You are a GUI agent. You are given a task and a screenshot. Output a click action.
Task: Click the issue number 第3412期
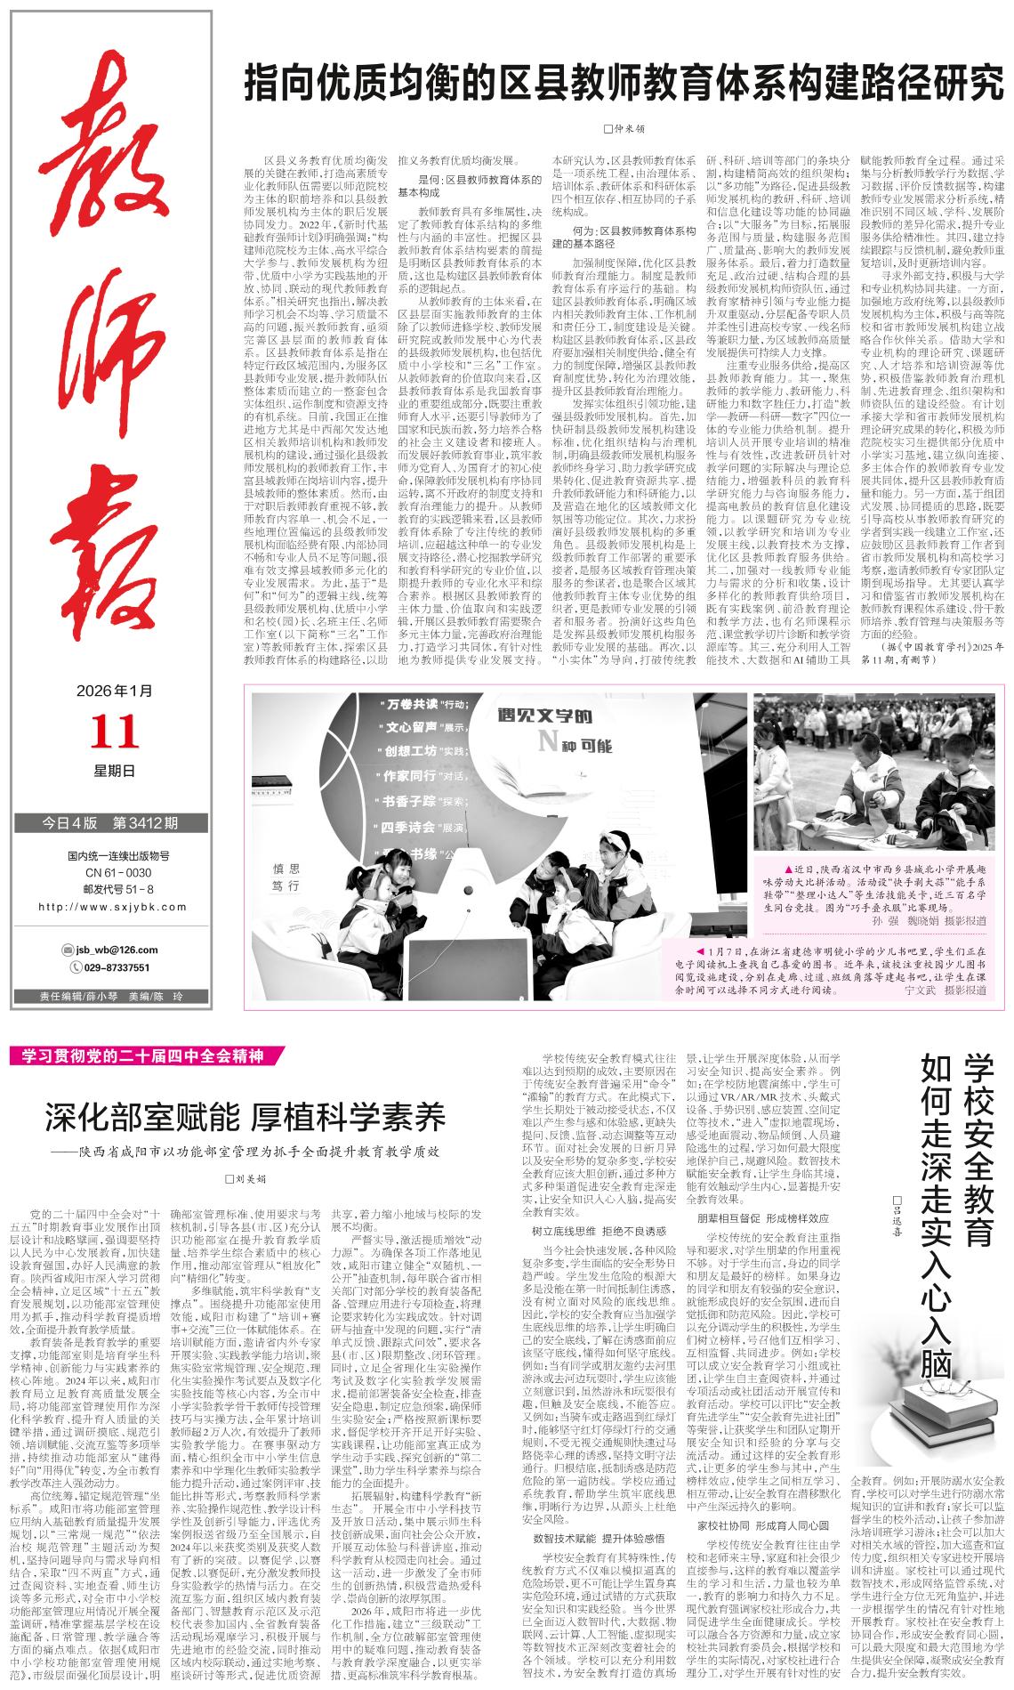click(145, 821)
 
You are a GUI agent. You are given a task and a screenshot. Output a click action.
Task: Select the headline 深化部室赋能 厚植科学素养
click(245, 1115)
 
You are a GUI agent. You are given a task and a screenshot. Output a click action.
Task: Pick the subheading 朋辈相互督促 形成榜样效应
click(763, 1217)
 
